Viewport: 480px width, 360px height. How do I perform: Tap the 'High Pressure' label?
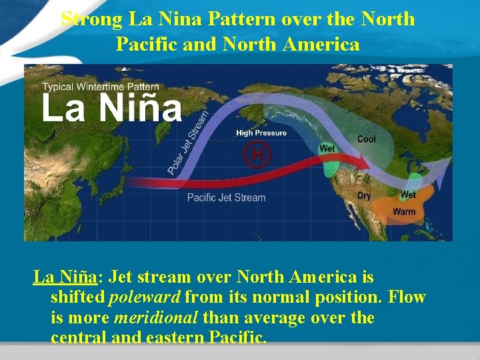coord(261,133)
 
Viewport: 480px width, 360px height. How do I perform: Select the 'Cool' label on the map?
coord(366,139)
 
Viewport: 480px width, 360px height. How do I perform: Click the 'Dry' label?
coord(364,196)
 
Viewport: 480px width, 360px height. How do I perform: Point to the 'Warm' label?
coord(404,212)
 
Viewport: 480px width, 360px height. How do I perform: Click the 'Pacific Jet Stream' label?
coord(226,197)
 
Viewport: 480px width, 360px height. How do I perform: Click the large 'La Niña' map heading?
coord(111,109)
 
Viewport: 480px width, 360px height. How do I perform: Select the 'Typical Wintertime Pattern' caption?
coord(101,87)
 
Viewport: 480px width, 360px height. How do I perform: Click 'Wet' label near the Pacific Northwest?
coord(327,149)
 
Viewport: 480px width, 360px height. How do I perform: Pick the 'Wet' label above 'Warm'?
coord(408,195)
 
